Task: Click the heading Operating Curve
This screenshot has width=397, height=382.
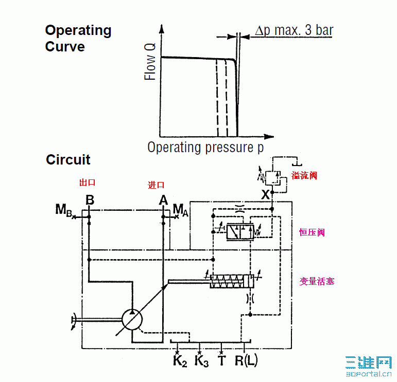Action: coord(78,39)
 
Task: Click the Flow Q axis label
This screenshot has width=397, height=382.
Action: coord(150,61)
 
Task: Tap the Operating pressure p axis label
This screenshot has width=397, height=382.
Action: coord(205,148)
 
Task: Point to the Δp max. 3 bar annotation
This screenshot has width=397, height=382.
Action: coord(294,30)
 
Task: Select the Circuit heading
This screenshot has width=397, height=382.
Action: coord(68,160)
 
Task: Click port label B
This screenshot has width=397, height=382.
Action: coord(90,200)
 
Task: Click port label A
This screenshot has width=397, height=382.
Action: coord(163,200)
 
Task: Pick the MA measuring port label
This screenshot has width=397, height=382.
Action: coord(180,209)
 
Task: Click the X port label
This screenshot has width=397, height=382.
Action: coord(265,195)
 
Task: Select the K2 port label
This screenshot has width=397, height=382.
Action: coord(179,361)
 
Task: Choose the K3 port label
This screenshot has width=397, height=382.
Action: coord(201,361)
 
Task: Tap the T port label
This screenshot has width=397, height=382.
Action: coord(221,361)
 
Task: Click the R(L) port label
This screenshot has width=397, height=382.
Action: coord(246,361)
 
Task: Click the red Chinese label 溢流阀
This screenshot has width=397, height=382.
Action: coord(304,175)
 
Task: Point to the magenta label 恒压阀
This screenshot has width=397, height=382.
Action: coord(312,232)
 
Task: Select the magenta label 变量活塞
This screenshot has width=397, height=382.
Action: coord(317,281)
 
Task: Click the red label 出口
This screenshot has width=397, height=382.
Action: coord(87,183)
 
